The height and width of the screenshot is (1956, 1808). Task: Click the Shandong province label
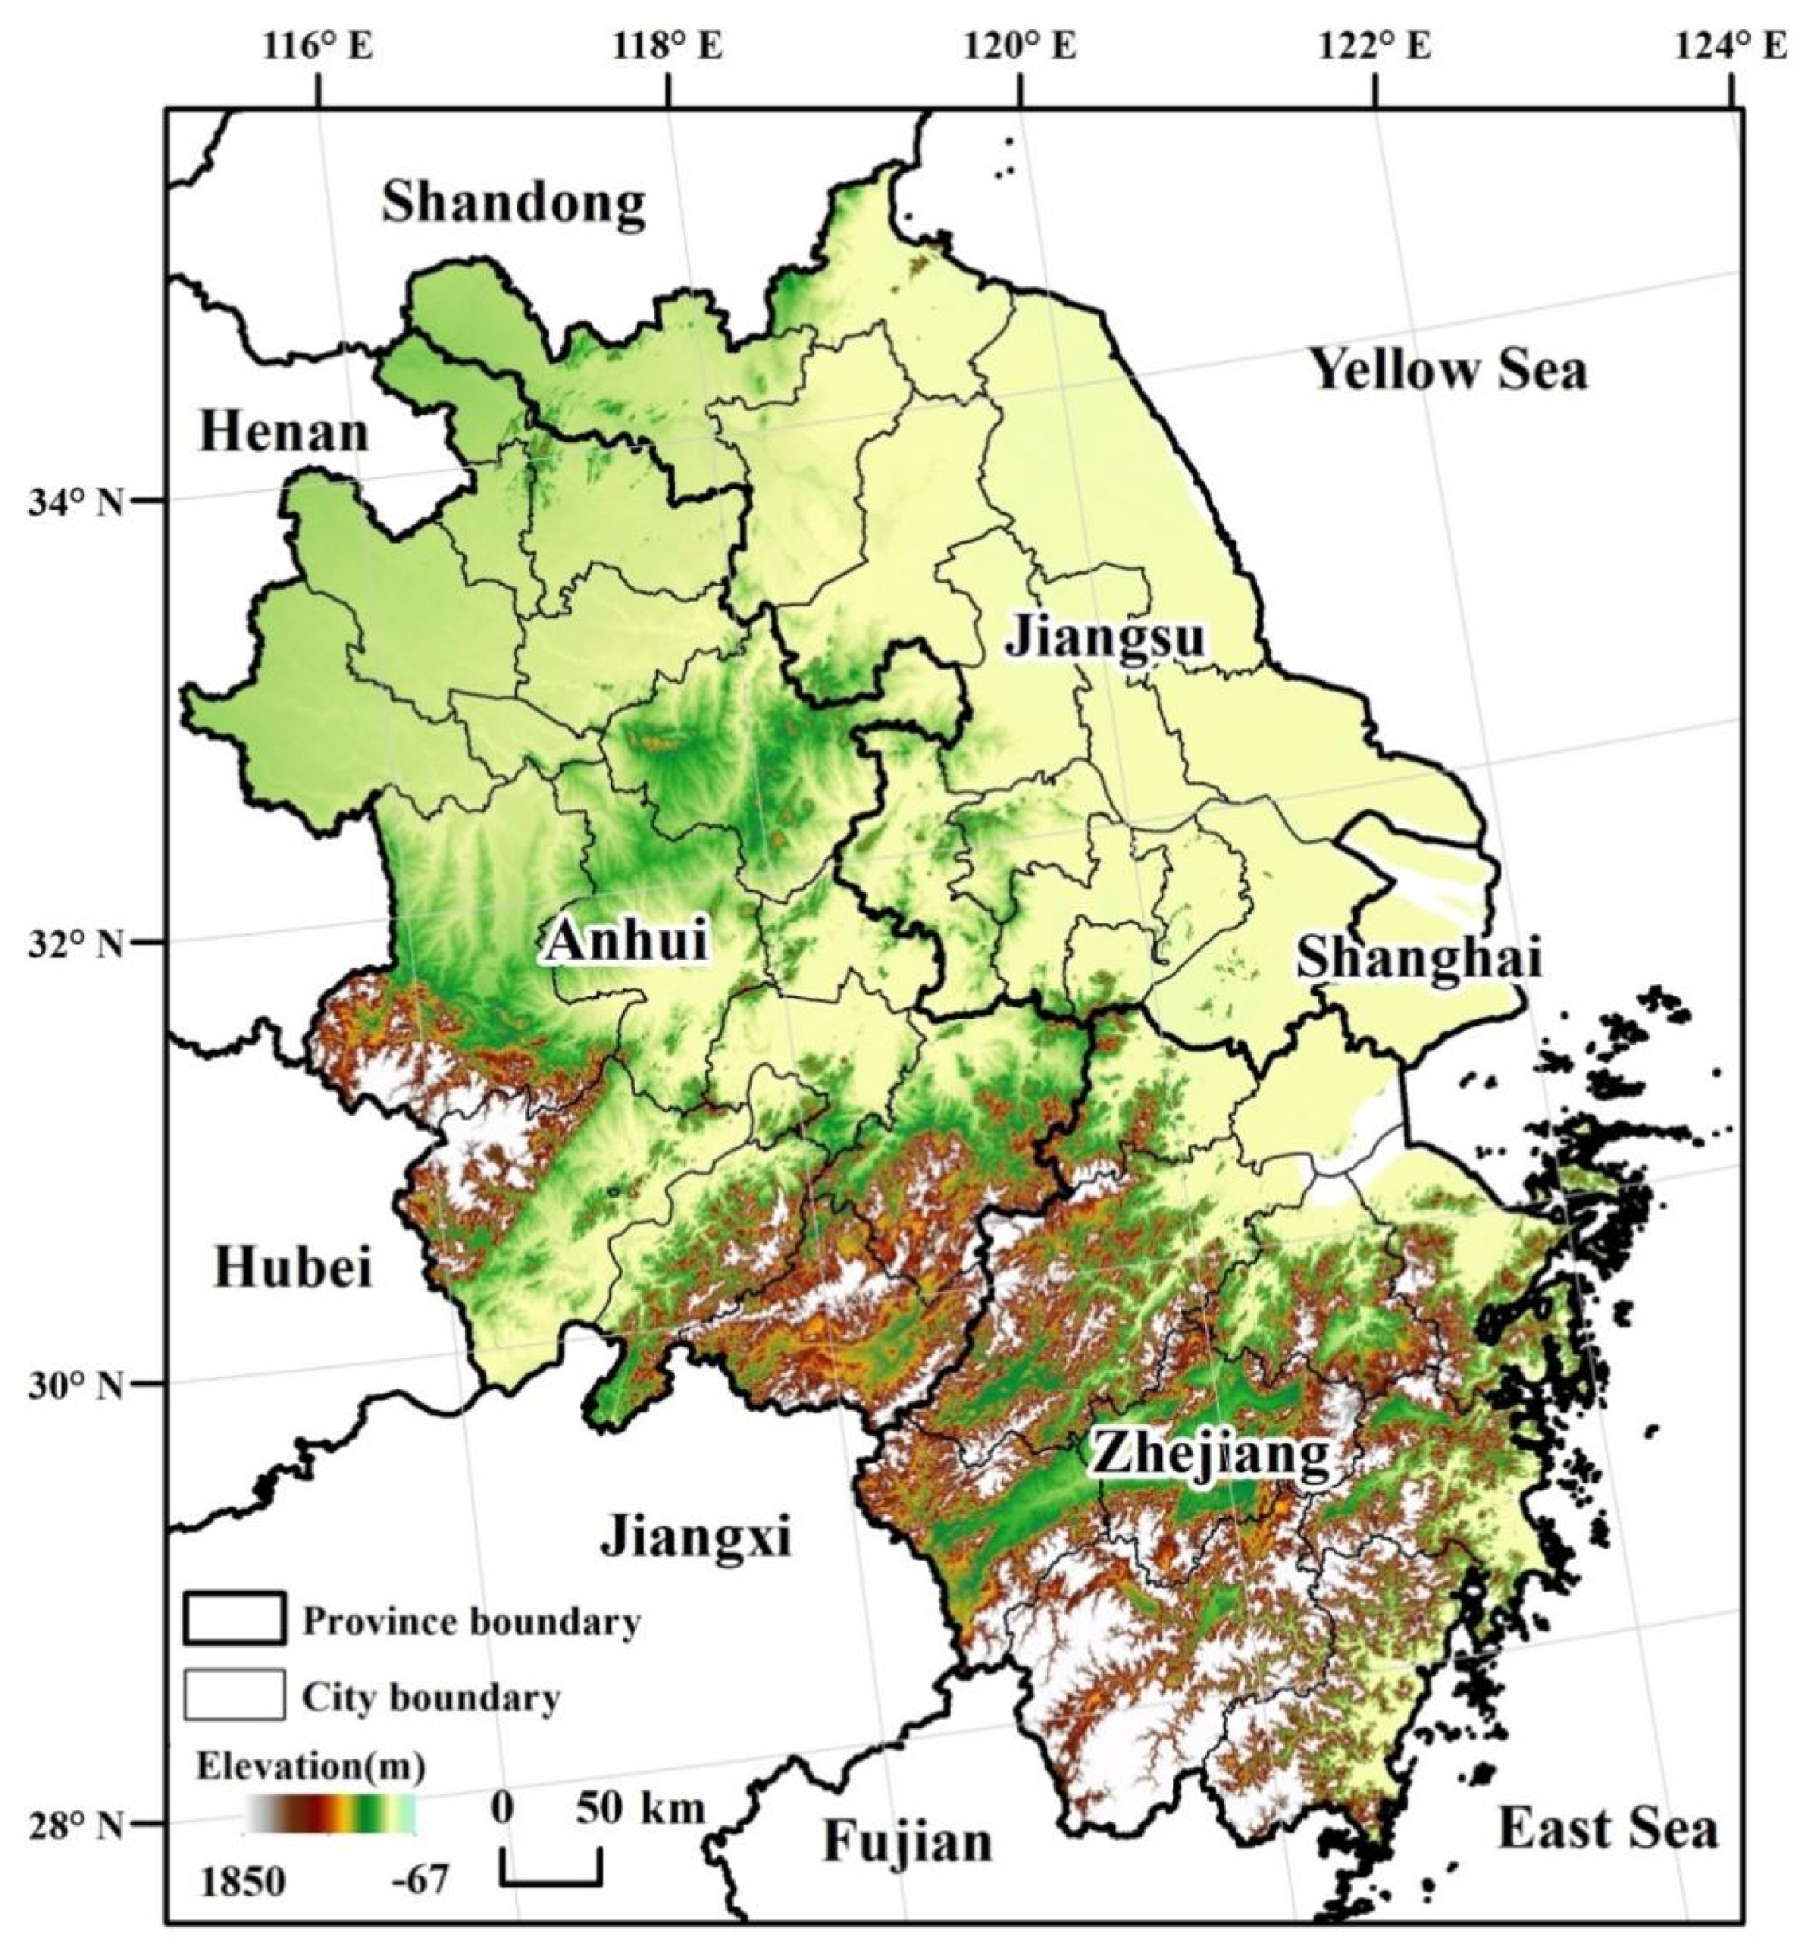coord(514,204)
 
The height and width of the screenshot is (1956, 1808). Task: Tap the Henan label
coord(283,432)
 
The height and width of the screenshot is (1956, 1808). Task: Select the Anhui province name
coord(626,941)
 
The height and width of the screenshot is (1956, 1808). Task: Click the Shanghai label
coord(1419,957)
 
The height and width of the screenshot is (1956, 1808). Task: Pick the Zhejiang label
coord(1211,1455)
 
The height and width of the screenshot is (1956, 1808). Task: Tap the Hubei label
coord(292,1268)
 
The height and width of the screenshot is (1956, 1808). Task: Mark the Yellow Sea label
coord(1449,371)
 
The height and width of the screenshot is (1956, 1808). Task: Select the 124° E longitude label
coord(1731,46)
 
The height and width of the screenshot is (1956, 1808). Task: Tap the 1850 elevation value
coord(244,1880)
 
